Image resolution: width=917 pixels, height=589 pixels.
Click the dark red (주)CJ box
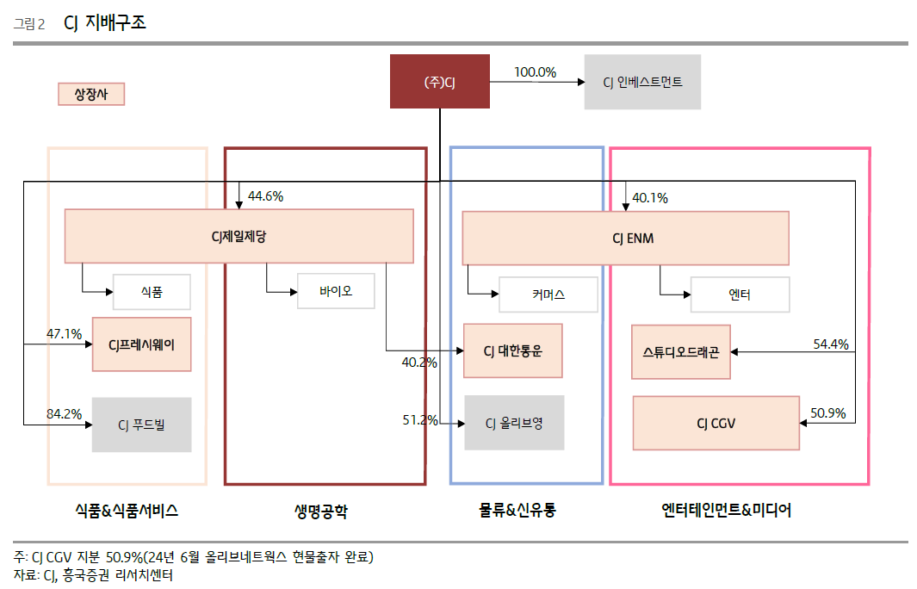pyautogui.click(x=439, y=82)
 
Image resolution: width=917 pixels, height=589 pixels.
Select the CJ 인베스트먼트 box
pyautogui.click(x=641, y=82)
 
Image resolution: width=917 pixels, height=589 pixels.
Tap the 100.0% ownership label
pyautogui.click(x=535, y=72)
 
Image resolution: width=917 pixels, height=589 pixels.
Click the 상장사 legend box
pyautogui.click(x=91, y=94)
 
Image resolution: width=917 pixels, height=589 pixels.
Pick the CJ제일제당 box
pyautogui.click(x=239, y=236)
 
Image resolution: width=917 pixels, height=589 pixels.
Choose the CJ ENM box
pyautogui.click(x=625, y=238)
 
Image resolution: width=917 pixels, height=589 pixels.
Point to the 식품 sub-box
pyautogui.click(x=152, y=293)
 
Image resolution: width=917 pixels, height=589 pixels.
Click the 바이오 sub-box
pyautogui.click(x=336, y=291)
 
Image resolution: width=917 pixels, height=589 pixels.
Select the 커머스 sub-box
pyautogui.click(x=548, y=294)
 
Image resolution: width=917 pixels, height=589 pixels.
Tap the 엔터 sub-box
pyautogui.click(x=740, y=294)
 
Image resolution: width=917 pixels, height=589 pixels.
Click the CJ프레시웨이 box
pyautogui.click(x=141, y=344)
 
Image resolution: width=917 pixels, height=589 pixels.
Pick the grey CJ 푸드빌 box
pyautogui.click(x=141, y=425)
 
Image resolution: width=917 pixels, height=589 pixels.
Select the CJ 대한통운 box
pyautogui.click(x=512, y=350)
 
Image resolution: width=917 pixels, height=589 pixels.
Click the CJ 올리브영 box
pyautogui.click(x=514, y=423)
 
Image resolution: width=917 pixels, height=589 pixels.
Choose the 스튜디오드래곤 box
pyautogui.click(x=680, y=351)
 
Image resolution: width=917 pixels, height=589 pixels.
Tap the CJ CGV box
pyautogui.click(x=716, y=423)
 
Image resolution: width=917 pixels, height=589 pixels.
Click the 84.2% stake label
pyautogui.click(x=64, y=414)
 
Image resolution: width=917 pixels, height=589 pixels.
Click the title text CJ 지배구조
pyautogui.click(x=105, y=22)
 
